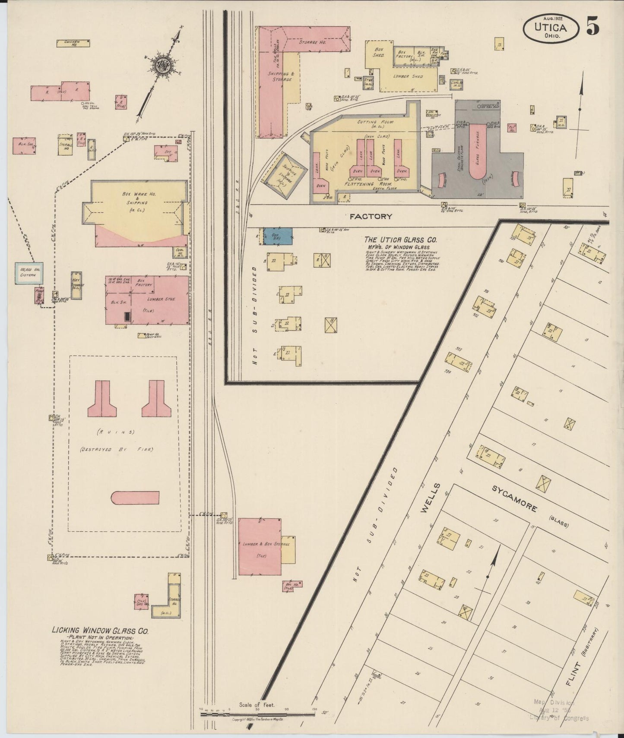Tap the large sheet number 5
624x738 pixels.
pyautogui.click(x=593, y=27)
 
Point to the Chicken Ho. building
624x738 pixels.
pyautogui.click(x=73, y=42)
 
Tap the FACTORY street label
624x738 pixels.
pyautogui.click(x=371, y=216)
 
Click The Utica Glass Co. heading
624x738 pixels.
pyautogui.click(x=400, y=240)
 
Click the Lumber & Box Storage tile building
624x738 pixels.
pyautogui.click(x=260, y=546)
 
